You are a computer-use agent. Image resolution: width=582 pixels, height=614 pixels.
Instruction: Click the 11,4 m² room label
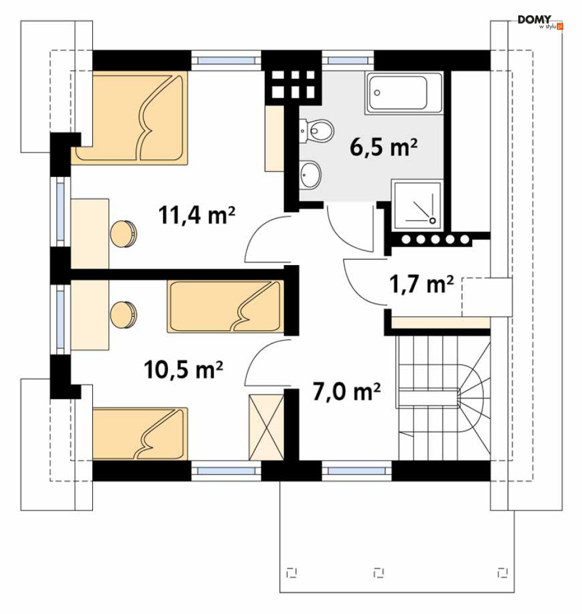pos(197,215)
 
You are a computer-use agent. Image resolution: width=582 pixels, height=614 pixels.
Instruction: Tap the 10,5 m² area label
pos(183,369)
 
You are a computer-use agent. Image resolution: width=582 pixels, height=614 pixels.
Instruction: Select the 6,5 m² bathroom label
pos(384,148)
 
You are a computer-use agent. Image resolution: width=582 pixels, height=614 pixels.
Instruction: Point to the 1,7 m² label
pos(422,284)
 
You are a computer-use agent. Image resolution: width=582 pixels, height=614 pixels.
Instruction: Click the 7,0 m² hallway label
pos(347,392)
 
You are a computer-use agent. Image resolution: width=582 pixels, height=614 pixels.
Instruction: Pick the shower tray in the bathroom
pos(417,205)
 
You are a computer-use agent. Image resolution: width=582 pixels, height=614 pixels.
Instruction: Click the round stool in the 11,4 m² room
pos(123,234)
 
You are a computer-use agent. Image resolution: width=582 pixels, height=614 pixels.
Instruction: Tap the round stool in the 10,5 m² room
pos(123,314)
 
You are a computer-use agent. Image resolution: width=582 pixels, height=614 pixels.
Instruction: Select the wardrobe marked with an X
pos(267,427)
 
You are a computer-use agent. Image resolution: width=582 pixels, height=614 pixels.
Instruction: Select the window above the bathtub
pos(348,60)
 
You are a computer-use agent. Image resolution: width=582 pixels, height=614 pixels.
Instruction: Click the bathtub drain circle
pos(377,93)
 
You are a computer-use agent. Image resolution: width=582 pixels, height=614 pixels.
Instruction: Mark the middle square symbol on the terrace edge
pos(378,572)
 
